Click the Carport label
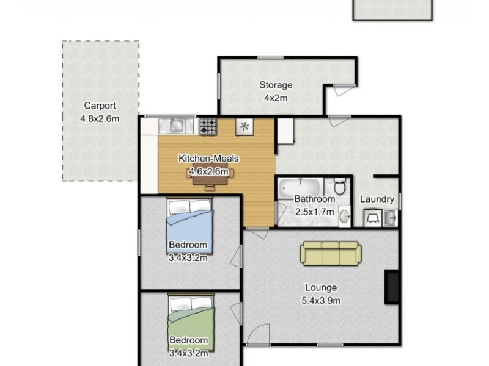pyautogui.click(x=100, y=105)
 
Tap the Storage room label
pyautogui.click(x=276, y=85)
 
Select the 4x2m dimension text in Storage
pyautogui.click(x=276, y=98)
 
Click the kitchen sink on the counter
pyautogui.click(x=175, y=126)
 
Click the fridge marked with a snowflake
pyautogui.click(x=244, y=127)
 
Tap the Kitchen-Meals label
pyautogui.click(x=208, y=159)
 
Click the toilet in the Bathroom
pyautogui.click(x=339, y=185)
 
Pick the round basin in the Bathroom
pyautogui.click(x=344, y=215)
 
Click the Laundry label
pyautogui.click(x=377, y=199)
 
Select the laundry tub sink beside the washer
pyautogui.click(x=390, y=217)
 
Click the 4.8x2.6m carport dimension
pyautogui.click(x=100, y=118)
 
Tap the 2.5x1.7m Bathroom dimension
pyautogui.click(x=315, y=212)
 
